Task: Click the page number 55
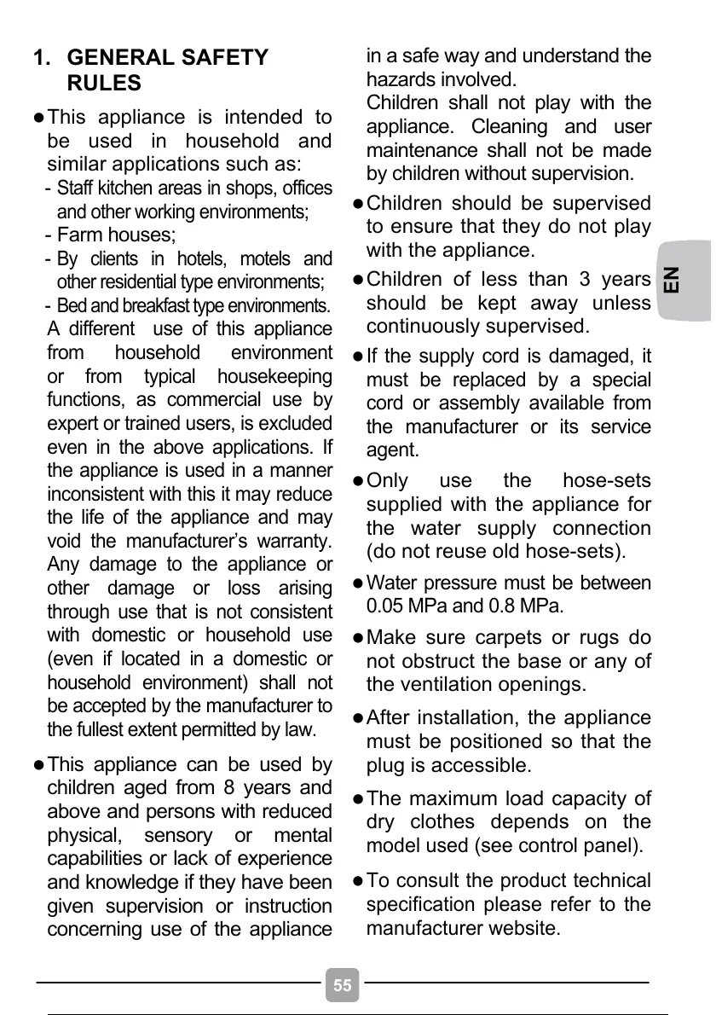(342, 986)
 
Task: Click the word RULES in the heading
(104, 83)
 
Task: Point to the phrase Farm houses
(116, 235)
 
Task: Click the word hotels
(199, 258)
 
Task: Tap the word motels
(266, 258)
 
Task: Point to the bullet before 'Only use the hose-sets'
(359, 481)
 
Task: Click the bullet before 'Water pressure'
(359, 584)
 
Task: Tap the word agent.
(392, 450)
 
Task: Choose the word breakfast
(165, 305)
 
